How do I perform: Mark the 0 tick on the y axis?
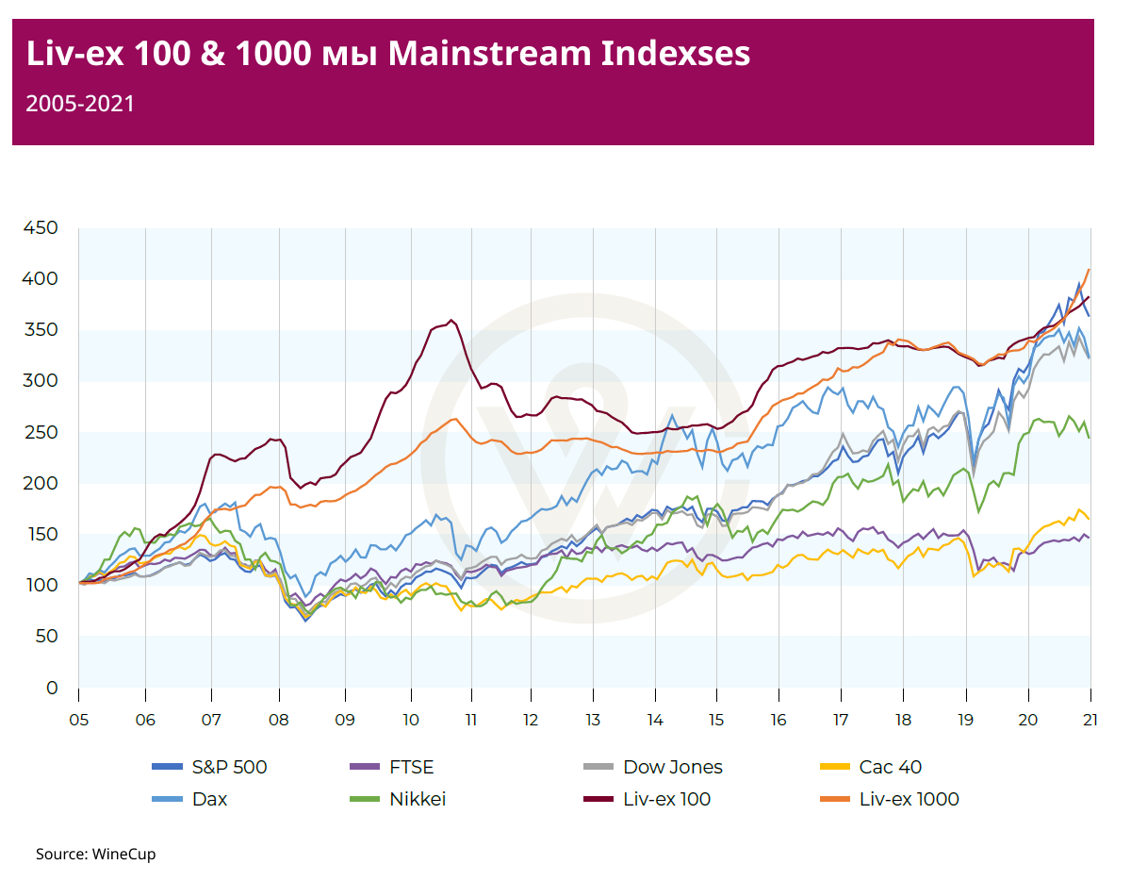[53, 688]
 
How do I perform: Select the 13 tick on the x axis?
[593, 719]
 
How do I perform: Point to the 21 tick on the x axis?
[1090, 719]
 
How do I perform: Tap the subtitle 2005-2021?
[80, 104]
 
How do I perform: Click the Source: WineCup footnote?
[95, 855]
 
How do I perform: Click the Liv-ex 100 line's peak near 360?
[451, 320]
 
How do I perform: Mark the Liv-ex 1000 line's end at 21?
[1090, 269]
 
